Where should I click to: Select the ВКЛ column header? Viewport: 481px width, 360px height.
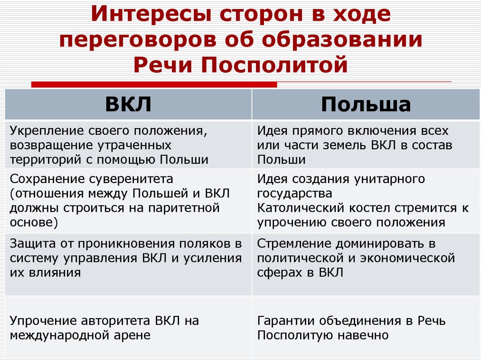tap(128, 104)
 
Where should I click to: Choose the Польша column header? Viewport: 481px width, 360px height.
tap(366, 104)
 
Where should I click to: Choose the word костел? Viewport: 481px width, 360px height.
tap(369, 207)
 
